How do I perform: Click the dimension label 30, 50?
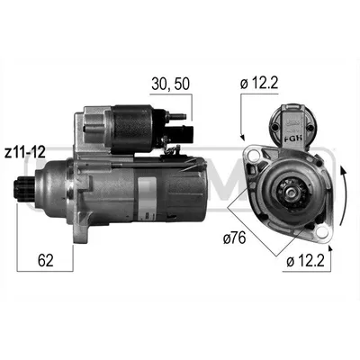pyautogui.click(x=170, y=84)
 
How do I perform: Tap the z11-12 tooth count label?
pyautogui.click(x=25, y=153)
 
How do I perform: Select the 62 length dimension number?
pyautogui.click(x=46, y=260)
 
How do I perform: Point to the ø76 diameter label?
pyautogui.click(x=234, y=238)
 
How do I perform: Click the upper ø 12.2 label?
pyautogui.click(x=259, y=84)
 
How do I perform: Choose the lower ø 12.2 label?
pyautogui.click(x=305, y=262)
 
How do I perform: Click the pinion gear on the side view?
pyautogui.click(x=25, y=191)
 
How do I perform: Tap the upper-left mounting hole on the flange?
pyautogui.click(x=255, y=156)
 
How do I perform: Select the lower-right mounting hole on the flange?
pyautogui.click(x=321, y=231)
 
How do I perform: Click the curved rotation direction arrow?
pyautogui.click(x=346, y=195)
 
